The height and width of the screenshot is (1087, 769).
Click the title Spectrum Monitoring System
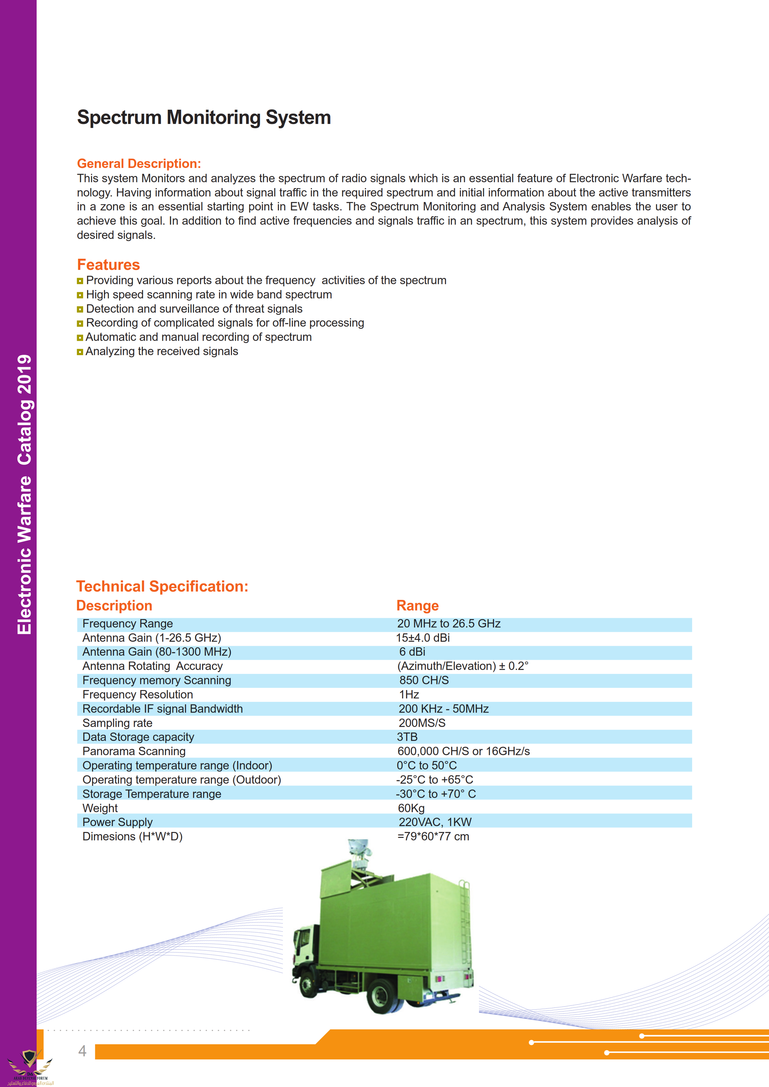(x=204, y=117)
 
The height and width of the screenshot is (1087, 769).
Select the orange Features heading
(x=109, y=265)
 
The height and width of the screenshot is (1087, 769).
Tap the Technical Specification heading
(x=162, y=586)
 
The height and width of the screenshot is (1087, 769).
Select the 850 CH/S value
(x=424, y=680)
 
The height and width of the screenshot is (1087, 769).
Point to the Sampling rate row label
(x=118, y=723)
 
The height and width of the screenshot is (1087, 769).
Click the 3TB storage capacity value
(x=407, y=737)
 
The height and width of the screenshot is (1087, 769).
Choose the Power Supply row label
(x=118, y=822)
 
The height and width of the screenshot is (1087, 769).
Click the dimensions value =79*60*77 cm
(x=433, y=837)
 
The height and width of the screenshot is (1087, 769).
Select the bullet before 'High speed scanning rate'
(x=80, y=295)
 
